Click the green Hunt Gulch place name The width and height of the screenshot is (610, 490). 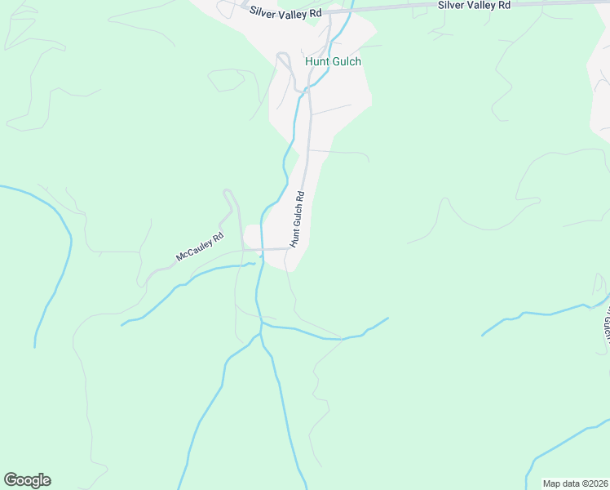point(333,61)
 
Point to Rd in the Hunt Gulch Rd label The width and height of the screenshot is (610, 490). point(300,197)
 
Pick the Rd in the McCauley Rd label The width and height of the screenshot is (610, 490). point(218,238)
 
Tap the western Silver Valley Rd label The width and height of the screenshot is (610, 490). point(286,12)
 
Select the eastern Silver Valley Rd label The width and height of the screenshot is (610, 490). point(474,5)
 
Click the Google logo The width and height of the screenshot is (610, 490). point(27,480)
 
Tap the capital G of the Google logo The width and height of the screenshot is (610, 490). point(11,480)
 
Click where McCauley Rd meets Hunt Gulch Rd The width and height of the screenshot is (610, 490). point(290,248)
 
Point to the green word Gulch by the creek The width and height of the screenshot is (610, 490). point(346,61)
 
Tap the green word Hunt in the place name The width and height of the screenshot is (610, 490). point(316,61)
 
